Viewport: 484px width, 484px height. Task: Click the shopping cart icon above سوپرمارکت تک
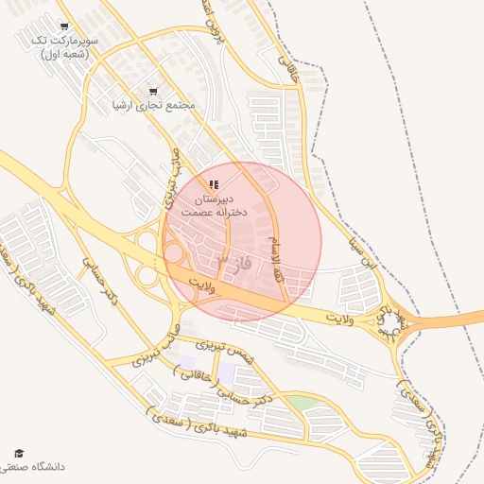63,26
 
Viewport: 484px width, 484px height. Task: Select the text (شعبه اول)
63,55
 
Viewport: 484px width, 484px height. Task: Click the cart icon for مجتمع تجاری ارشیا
153,92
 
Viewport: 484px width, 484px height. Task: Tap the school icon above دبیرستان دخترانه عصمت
215,184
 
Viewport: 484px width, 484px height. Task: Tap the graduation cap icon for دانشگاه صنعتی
19,454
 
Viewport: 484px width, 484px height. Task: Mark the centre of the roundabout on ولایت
389,326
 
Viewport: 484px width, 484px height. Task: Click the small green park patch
302,404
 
